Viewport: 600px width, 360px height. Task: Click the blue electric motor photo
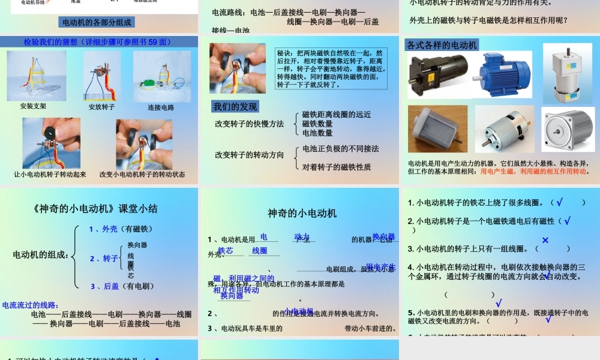pos(505,74)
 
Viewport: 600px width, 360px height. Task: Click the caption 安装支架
pos(33,106)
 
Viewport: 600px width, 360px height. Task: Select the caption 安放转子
pos(101,107)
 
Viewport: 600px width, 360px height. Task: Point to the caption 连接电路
pos(161,107)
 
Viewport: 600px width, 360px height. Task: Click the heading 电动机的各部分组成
pos(98,22)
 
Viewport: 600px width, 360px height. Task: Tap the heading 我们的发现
pos(236,107)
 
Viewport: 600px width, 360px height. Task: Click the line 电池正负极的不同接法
pos(340,149)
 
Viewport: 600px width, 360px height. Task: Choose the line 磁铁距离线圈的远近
pos(336,115)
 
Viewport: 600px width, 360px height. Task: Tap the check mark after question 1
pos(559,203)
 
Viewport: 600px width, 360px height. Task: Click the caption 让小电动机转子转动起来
pos(50,175)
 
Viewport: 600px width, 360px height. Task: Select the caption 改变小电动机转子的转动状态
pos(142,175)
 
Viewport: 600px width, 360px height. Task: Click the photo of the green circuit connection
pos(154,76)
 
